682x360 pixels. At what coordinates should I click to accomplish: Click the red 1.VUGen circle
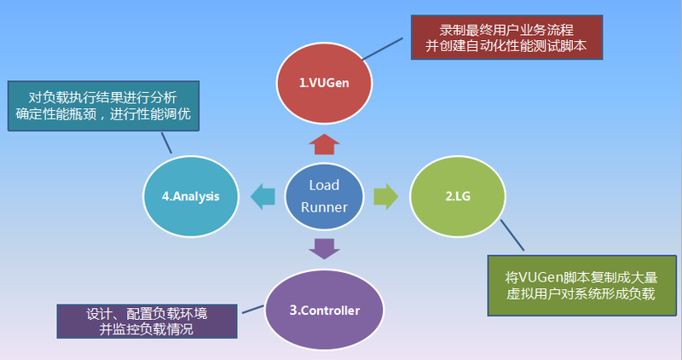(x=325, y=83)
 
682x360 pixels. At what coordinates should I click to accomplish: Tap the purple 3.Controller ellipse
(x=325, y=310)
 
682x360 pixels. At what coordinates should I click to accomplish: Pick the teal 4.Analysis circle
(x=191, y=196)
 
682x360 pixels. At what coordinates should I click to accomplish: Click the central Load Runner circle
(x=324, y=195)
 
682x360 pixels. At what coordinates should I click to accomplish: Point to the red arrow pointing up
(x=325, y=142)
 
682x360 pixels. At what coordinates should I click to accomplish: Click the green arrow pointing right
(x=386, y=196)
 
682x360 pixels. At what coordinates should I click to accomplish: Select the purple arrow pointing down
(x=325, y=248)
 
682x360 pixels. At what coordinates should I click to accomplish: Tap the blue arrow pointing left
(x=263, y=196)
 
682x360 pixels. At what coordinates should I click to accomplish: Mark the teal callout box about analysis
(x=103, y=106)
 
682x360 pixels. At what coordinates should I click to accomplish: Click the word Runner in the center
(x=324, y=206)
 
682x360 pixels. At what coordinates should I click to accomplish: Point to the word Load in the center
(x=324, y=185)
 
